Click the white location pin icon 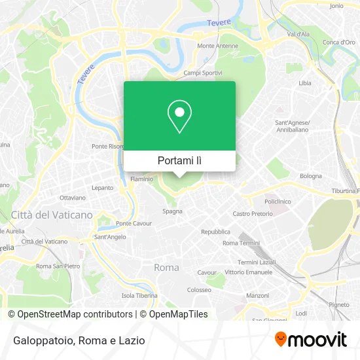click(179, 117)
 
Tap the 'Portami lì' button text click(179, 160)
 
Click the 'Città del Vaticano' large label click(52, 215)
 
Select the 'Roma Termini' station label click(241, 243)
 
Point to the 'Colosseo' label click(199, 289)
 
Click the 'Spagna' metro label click(172, 211)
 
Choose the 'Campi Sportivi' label click(203, 73)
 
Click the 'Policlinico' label click(278, 202)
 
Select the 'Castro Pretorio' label click(252, 213)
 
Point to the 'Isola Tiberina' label click(139, 295)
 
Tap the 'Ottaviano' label click(73, 197)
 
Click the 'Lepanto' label click(103, 187)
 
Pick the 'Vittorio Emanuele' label click(248, 272)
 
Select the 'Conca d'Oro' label click(338, 43)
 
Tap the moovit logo click(310, 339)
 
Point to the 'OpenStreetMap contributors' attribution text click(75, 314)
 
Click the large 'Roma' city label click(166, 267)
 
